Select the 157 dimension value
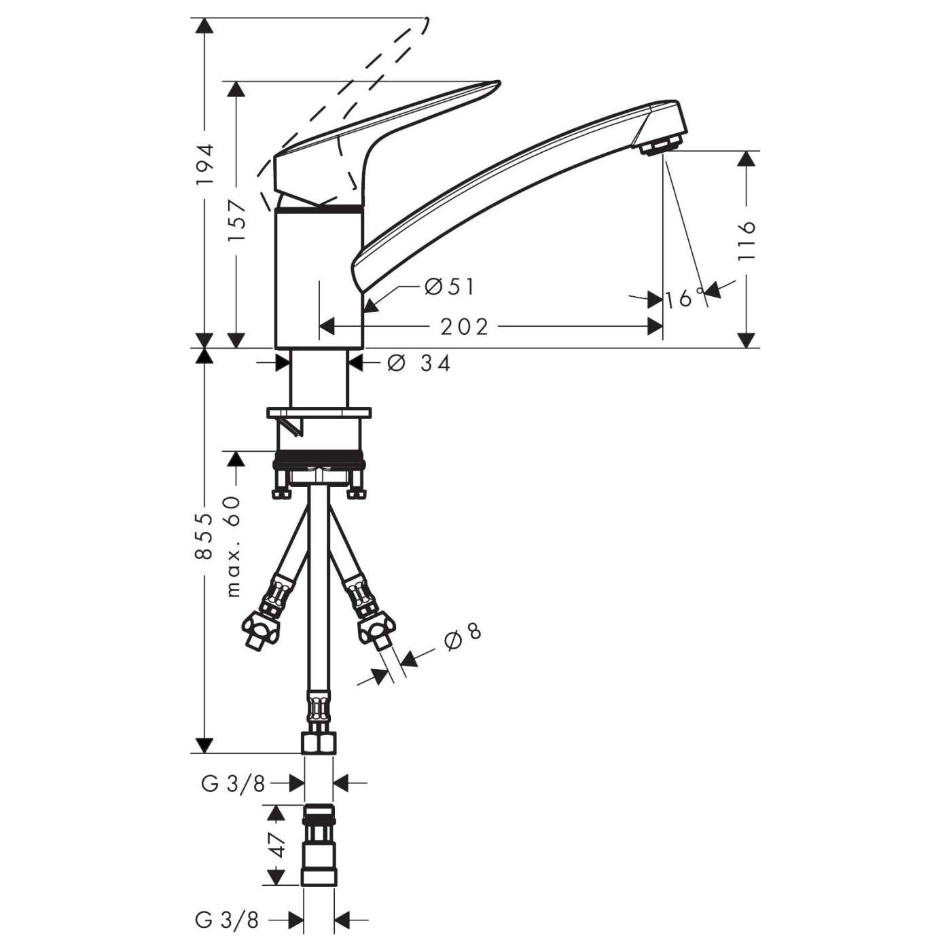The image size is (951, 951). (236, 221)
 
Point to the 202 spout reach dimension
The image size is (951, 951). (465, 327)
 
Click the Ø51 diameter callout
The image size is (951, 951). (449, 287)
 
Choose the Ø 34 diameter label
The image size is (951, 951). (419, 364)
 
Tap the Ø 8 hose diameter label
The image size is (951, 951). (464, 638)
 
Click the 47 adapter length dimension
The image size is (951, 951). (276, 845)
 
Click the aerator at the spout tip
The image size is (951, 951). (661, 145)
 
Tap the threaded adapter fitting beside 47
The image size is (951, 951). (317, 845)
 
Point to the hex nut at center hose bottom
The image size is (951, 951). (317, 743)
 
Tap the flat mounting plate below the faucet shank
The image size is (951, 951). (320, 413)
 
